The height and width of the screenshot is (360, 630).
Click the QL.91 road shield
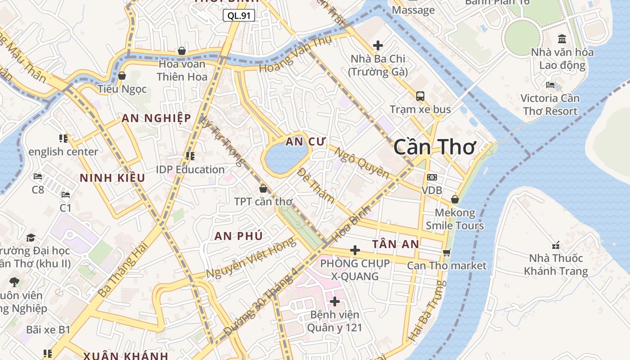point(239,16)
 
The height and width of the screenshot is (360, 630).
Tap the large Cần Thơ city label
point(434,147)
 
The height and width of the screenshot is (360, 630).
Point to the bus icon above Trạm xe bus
point(420,96)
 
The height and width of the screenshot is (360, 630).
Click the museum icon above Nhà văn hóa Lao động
point(562,39)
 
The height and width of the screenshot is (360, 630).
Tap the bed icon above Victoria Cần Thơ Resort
point(550,85)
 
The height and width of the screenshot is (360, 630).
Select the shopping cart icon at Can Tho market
point(446,252)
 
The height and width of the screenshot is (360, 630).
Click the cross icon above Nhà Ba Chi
point(378,45)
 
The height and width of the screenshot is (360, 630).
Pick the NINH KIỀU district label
point(112,178)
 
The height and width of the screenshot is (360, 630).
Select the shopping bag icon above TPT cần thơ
point(263,189)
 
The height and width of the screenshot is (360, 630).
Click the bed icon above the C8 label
point(38,176)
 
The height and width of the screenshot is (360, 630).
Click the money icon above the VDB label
point(432,177)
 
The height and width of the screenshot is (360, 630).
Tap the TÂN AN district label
point(396,244)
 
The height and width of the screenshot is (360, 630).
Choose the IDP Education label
point(190,170)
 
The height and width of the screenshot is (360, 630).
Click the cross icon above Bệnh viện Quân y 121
point(334,301)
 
